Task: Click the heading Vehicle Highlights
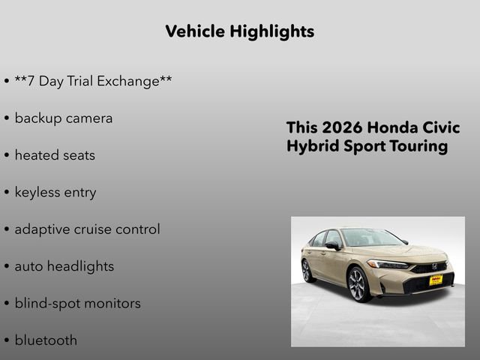pos(239,31)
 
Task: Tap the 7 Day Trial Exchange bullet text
pos(93,81)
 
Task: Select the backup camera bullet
pos(63,118)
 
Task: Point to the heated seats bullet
pos(55,155)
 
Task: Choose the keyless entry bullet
pos(55,192)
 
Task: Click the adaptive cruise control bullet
pos(87,229)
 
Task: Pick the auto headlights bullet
pos(64,266)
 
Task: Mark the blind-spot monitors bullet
pos(77,303)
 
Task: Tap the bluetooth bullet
pos(46,340)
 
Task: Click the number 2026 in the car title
pos(343,127)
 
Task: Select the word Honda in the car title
pos(396,127)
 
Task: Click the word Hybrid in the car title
pos(310,146)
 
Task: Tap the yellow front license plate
pos(435,280)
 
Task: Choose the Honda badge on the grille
pos(434,266)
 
